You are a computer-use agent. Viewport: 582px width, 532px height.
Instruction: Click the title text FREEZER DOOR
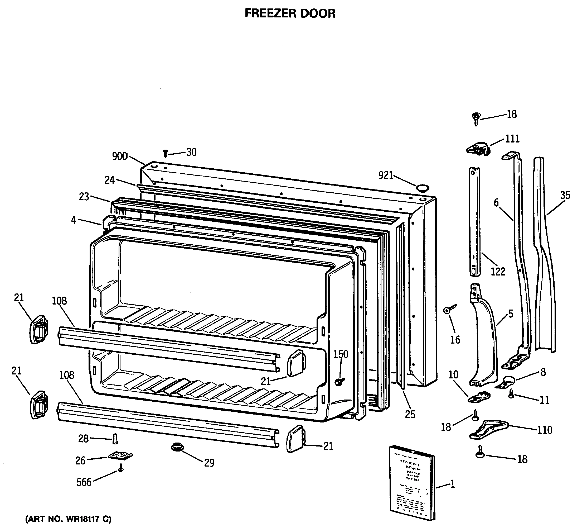[x=290, y=13]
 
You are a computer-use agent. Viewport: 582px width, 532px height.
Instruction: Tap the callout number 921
[x=386, y=175]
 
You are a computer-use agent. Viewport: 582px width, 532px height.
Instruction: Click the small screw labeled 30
[x=166, y=153]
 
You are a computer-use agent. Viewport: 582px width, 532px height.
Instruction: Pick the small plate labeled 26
[x=121, y=456]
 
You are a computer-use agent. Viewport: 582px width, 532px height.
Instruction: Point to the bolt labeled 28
[x=115, y=439]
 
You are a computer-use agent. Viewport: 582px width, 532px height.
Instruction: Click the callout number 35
[x=565, y=196]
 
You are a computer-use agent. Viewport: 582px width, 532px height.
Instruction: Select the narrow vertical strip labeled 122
[x=474, y=221]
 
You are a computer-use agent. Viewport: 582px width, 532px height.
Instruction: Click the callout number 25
[x=410, y=414]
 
